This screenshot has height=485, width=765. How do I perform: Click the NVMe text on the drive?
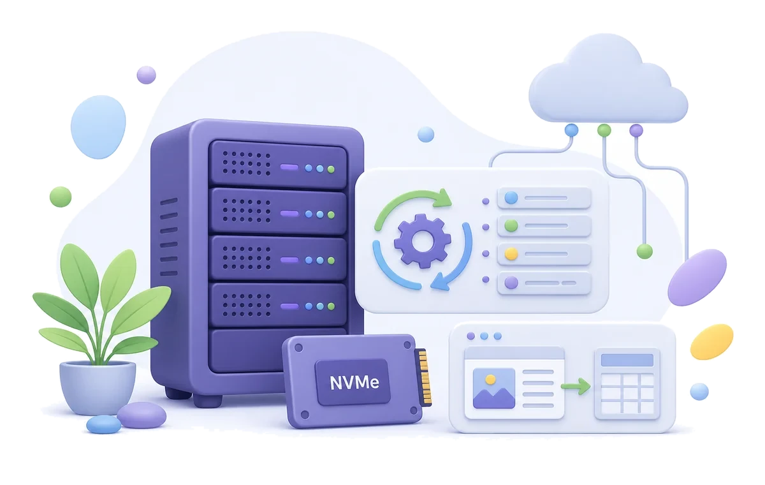coord(354,382)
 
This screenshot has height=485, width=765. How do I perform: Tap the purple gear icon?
coord(423,241)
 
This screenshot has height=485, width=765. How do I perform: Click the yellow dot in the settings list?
coord(511,254)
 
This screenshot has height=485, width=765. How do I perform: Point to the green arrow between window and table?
coord(576,386)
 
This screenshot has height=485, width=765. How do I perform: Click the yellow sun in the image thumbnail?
coord(490,380)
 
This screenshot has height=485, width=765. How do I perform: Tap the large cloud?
coord(608,80)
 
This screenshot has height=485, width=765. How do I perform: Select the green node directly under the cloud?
coord(604,130)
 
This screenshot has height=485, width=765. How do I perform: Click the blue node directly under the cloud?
coord(571,130)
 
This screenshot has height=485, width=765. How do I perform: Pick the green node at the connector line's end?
coord(645,251)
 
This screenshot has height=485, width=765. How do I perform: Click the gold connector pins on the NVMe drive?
coord(425,377)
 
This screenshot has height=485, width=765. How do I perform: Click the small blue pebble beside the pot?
coord(103,424)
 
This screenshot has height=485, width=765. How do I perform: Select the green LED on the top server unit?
coord(331,169)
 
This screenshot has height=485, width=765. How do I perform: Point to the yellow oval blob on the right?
coord(711,342)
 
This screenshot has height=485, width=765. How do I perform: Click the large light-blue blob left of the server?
coord(98,127)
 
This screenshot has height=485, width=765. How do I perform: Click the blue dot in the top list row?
coord(511,198)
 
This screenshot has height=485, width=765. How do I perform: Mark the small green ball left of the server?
coord(61,197)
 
